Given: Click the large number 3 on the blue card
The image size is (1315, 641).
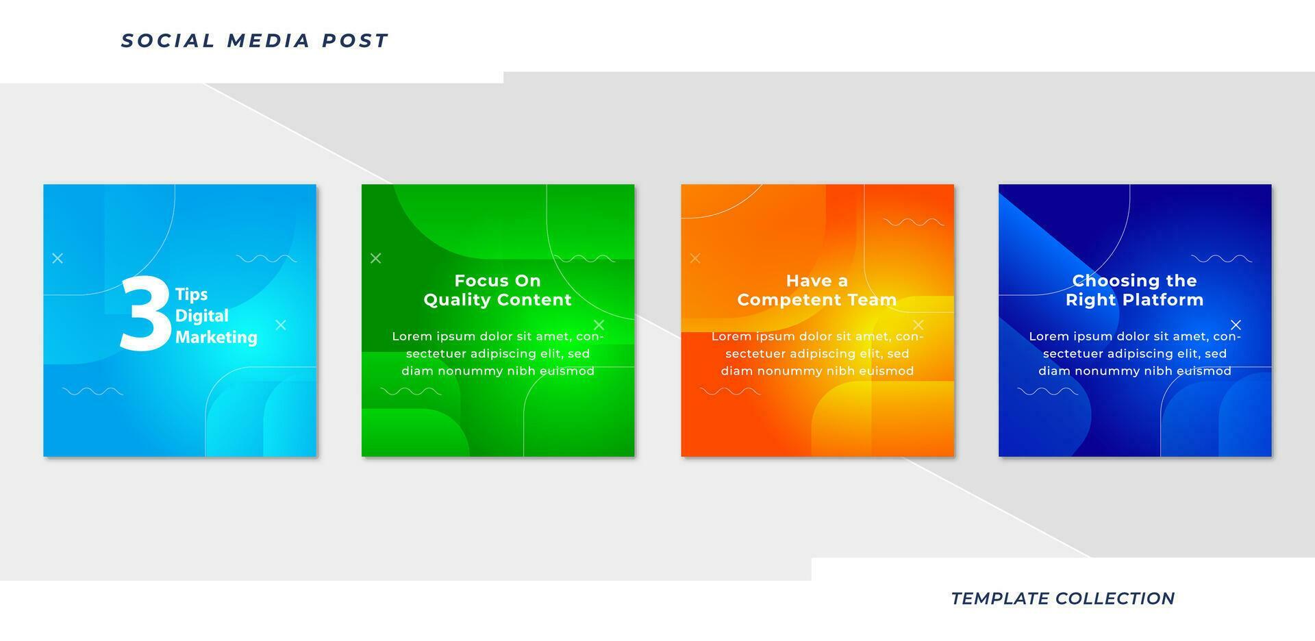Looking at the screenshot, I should point(145,314).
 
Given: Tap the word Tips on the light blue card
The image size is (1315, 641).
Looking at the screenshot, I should point(191,294).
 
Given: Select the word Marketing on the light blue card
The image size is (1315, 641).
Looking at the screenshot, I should point(216,337).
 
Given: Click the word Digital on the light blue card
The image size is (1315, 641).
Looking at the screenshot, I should point(201,316).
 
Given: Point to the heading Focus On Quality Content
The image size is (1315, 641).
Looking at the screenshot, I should point(497,290).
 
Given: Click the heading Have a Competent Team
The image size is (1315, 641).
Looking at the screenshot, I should point(816,290).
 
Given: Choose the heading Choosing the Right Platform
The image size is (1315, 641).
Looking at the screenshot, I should point(1134,290).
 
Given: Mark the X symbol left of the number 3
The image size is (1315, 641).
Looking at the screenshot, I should point(58,258).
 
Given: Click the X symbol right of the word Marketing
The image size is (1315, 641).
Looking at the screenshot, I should point(281,325).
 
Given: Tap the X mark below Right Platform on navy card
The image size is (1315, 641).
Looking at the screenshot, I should point(1236,325).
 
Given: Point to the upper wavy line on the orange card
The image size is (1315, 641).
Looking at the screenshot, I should point(914,222).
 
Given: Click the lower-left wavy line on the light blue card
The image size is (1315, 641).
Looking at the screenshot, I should point(92,391).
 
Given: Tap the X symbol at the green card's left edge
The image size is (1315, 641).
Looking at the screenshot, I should point(375,258).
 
